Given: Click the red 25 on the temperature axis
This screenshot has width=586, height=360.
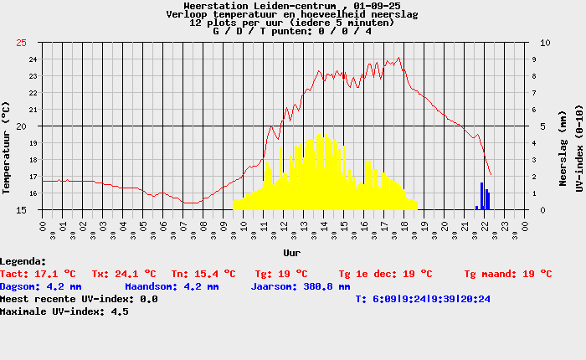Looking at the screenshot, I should click(x=21, y=43).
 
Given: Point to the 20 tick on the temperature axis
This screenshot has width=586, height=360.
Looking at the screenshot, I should click(x=21, y=126).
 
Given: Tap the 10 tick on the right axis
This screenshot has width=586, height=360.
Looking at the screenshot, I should click(x=546, y=43).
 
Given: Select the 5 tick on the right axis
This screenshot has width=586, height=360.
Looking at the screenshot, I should click(x=543, y=126).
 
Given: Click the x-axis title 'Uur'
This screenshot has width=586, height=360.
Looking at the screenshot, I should click(x=292, y=251).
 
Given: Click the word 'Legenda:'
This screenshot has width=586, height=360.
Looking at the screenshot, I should click(x=23, y=262).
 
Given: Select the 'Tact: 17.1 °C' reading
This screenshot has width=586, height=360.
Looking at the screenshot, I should click(x=39, y=274).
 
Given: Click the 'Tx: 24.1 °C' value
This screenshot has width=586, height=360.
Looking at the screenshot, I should click(x=124, y=274).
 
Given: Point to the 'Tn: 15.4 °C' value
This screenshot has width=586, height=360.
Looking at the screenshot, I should click(x=203, y=274).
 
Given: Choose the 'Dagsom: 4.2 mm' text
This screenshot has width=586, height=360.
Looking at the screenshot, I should click(x=41, y=286).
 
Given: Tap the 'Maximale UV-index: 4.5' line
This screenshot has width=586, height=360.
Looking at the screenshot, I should click(x=64, y=311).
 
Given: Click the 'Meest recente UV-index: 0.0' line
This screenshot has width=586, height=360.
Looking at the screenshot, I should click(x=79, y=299).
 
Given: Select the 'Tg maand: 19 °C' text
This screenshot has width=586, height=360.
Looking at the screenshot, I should click(x=508, y=274).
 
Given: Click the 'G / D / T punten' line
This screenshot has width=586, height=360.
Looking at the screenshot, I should click(x=292, y=31).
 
